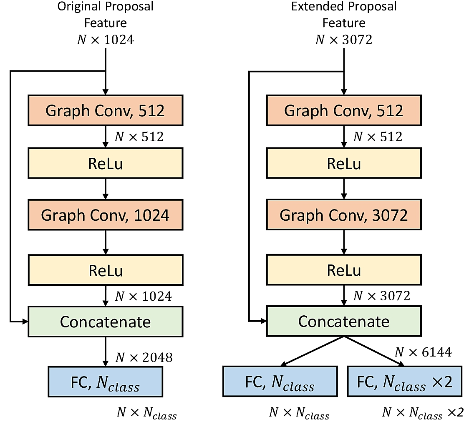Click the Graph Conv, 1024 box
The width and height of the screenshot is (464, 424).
(105, 215)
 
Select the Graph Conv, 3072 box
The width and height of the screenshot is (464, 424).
(344, 215)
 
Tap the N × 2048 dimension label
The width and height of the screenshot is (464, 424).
(144, 357)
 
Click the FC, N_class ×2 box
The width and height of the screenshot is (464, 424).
(405, 382)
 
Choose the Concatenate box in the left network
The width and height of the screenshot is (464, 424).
(105, 322)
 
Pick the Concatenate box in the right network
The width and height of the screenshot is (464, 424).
(344, 322)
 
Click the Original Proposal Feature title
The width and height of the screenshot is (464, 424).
(105, 15)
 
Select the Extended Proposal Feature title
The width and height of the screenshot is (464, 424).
(344, 15)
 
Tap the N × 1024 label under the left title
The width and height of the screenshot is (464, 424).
(105, 40)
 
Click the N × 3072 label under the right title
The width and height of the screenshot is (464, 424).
(344, 40)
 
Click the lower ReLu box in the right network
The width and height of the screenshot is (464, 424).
(344, 271)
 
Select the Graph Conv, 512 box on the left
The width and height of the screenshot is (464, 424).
(105, 111)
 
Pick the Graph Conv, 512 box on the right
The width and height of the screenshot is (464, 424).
(344, 111)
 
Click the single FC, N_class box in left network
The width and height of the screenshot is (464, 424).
(105, 382)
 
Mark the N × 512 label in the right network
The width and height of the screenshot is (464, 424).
(378, 137)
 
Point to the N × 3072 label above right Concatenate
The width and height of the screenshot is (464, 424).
(382, 296)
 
